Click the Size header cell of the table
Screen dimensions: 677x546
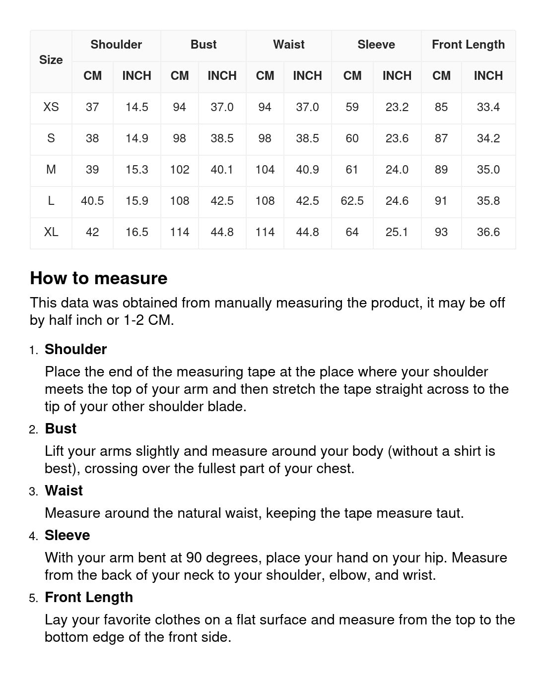[51, 60]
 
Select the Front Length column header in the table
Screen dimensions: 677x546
[468, 45]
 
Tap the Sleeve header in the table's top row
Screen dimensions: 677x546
[376, 45]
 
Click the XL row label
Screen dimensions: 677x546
[51, 232]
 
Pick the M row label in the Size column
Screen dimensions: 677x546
[51, 170]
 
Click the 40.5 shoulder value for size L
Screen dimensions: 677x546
[92, 201]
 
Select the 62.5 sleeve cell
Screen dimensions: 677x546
[352, 201]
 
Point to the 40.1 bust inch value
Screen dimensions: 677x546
[222, 170]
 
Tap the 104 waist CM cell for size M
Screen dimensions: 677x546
[265, 170]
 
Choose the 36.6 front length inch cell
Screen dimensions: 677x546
[488, 232]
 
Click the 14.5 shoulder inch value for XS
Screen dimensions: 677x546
[136, 107]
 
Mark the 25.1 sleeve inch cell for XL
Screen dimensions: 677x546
[397, 232]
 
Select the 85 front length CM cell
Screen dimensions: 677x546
[441, 107]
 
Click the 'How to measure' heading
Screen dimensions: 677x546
[99, 278]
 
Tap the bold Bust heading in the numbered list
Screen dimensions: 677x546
[61, 429]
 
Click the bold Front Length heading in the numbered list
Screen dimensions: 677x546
[89, 597]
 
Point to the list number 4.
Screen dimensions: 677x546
[33, 536]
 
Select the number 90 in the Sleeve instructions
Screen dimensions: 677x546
[194, 557]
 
